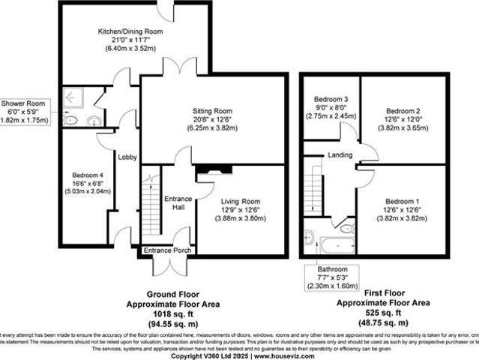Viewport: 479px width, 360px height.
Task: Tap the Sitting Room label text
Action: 213,110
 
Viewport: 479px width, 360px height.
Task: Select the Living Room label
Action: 240,201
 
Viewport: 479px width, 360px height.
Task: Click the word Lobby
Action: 127,157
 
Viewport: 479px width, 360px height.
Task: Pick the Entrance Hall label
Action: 178,202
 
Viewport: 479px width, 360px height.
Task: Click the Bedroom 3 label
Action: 331,100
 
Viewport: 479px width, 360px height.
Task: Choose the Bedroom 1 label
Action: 404,201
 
